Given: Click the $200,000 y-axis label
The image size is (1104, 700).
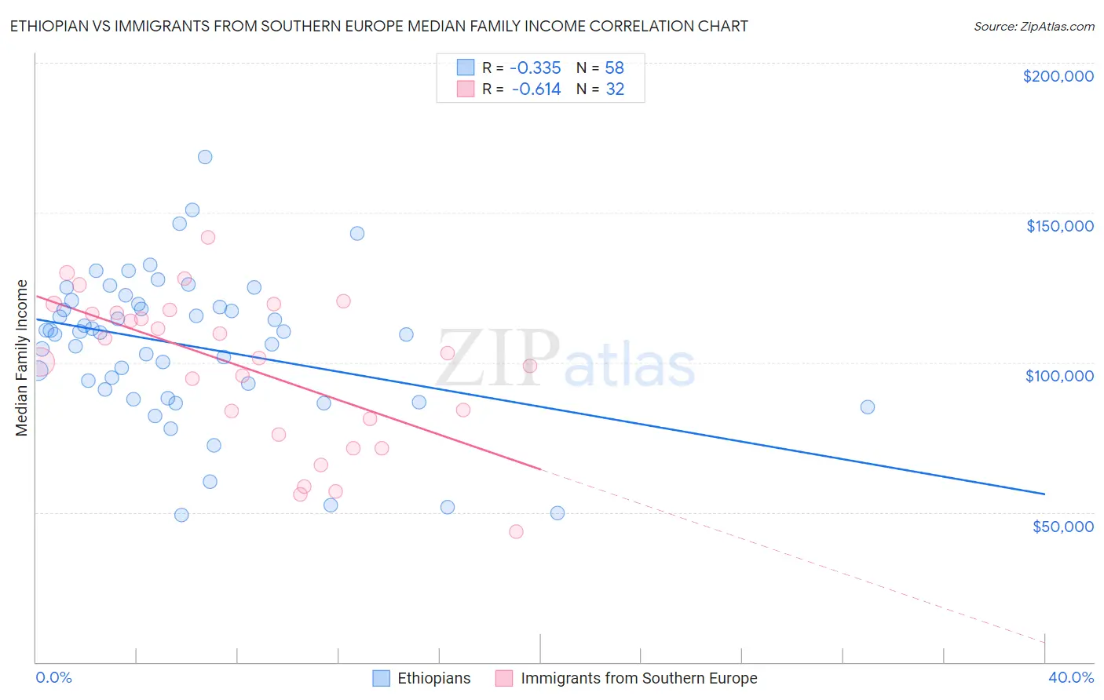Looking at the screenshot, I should click(1058, 76).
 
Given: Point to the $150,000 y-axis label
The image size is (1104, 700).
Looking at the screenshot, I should click(1059, 226).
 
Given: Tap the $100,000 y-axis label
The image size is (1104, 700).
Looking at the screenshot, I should click(1059, 376).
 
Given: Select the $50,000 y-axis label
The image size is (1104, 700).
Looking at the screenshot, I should click(1062, 526).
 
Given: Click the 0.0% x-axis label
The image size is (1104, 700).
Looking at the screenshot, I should click(53, 677).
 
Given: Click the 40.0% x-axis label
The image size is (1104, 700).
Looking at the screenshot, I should click(1070, 677).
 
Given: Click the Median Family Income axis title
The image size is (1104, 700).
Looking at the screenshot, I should click(22, 358).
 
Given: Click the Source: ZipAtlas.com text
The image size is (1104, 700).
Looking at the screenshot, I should click(1033, 26).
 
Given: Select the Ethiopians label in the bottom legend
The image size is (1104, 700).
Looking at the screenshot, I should click(433, 678).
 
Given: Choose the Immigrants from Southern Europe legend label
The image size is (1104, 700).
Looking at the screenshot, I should click(638, 678).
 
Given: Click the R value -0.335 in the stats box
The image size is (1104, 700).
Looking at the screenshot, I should click(536, 68).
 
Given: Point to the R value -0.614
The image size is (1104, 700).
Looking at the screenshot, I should click(536, 89).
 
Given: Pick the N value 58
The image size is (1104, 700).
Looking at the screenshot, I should click(614, 68).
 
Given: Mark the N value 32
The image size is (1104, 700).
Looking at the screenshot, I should click(614, 89).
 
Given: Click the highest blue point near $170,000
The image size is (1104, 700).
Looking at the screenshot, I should click(205, 157).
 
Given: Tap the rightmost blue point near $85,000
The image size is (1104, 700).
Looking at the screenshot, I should click(867, 407).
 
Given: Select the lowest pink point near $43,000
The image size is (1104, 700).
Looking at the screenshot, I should click(516, 532).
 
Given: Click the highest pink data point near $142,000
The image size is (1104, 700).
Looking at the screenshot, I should click(208, 237).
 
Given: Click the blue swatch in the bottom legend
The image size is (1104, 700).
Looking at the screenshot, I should click(381, 678).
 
